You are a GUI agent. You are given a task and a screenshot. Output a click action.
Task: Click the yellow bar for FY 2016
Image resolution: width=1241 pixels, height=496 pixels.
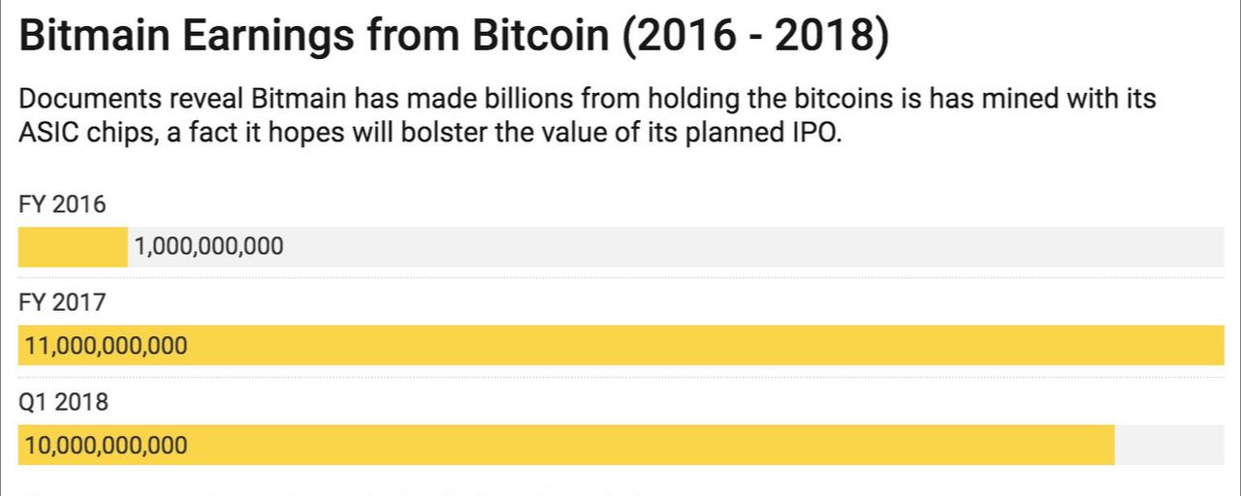(x=73, y=247)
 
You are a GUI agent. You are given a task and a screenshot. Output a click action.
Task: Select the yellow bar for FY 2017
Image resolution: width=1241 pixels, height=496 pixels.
(x=679, y=346)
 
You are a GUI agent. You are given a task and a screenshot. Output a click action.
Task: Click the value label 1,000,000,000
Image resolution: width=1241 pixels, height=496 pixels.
(x=209, y=247)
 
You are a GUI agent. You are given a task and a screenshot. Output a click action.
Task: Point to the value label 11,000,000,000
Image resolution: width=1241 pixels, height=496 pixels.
(x=107, y=346)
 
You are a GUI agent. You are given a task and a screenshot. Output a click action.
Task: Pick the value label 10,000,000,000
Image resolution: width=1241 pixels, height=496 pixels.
(x=107, y=446)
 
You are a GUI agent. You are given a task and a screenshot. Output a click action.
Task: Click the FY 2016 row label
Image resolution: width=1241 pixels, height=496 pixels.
(x=62, y=204)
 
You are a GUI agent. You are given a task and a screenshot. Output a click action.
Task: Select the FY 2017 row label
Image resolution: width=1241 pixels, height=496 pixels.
(x=62, y=303)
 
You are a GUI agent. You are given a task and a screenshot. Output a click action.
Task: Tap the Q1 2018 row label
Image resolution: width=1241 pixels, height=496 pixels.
(x=63, y=402)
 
